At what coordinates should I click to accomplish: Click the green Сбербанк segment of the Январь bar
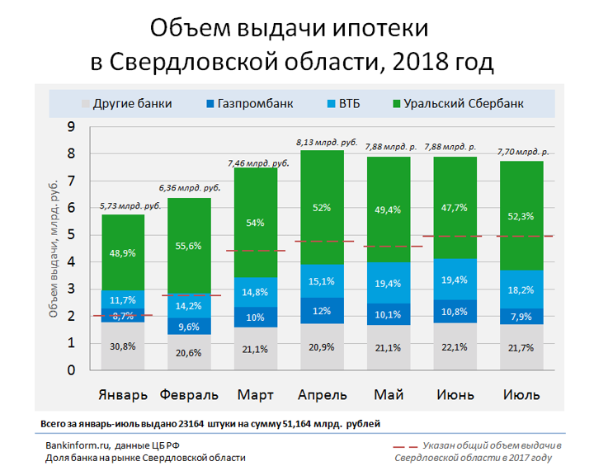pos(123,252)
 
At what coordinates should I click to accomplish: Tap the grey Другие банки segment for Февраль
pos(189,352)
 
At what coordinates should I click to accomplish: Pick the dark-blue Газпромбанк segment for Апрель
pos(320,310)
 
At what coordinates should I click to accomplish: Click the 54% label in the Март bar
pos(255,223)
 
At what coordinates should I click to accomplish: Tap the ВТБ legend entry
pos(350,104)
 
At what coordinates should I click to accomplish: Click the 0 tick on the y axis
pos(71,370)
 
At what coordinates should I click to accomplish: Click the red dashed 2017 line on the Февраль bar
pos(189,295)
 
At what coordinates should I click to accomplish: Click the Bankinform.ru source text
pos(72,445)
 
